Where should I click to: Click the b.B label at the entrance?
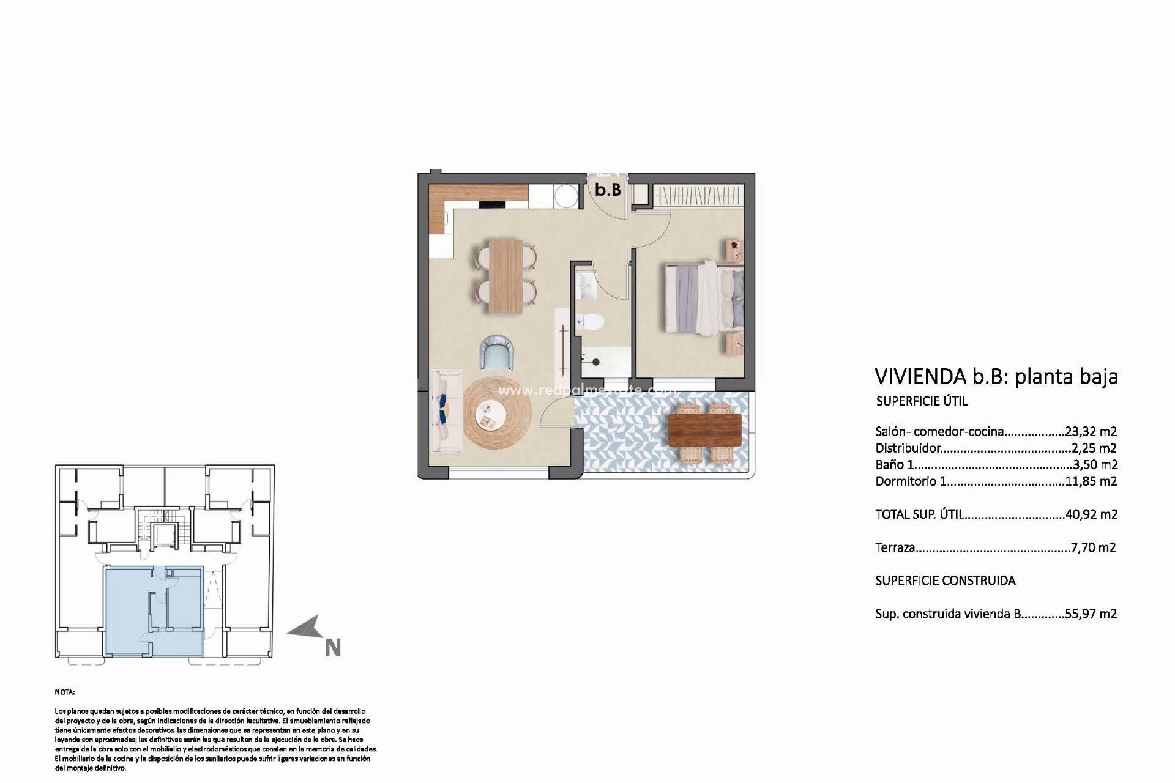tap(608, 190)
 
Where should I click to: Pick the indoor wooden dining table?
tap(505, 275)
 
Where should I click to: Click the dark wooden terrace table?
tap(705, 430)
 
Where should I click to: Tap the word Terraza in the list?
tap(895, 547)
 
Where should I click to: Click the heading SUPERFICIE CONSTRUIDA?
tap(945, 581)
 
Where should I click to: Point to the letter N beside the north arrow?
tap(332, 648)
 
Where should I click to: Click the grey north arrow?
tap(305, 628)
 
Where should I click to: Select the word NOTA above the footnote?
tap(64, 692)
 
